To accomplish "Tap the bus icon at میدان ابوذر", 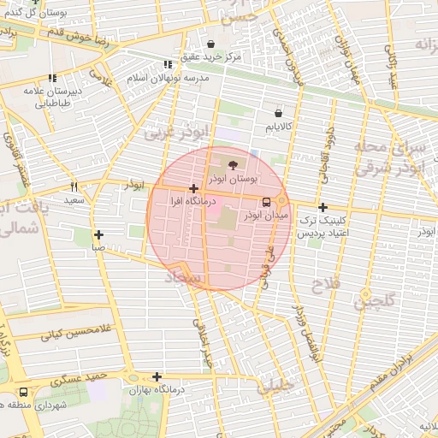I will (x=266, y=203).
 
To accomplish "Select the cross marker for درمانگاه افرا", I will (x=194, y=188).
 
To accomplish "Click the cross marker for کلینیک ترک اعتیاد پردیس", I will (x=323, y=207).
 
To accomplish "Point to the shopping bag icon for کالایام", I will (x=278, y=112).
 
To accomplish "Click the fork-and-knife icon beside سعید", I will (x=74, y=186).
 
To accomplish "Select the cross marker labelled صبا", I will (x=99, y=234).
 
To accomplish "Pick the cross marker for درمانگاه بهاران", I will (x=157, y=376).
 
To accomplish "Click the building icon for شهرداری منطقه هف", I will (x=21, y=392).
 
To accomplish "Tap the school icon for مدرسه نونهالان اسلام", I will (x=168, y=64).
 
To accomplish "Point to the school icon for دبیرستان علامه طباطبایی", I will (x=52, y=78).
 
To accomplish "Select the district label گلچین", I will (x=376, y=300).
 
